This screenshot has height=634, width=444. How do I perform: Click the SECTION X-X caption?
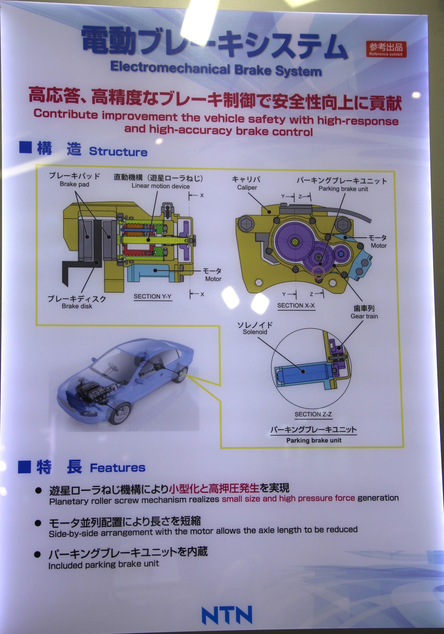[x=296, y=305]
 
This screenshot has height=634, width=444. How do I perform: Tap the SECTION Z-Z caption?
[x=313, y=414]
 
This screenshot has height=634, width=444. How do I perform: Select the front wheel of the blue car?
[x=119, y=413]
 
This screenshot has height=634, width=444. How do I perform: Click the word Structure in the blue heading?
[x=118, y=152]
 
